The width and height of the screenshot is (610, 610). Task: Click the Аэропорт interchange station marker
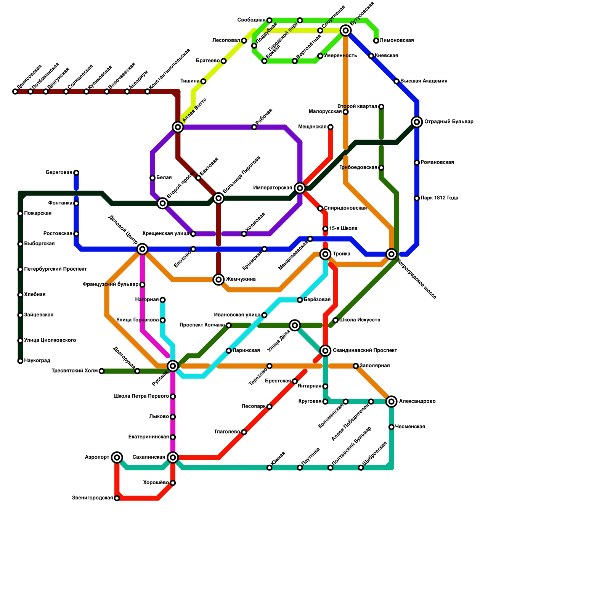click(x=117, y=457)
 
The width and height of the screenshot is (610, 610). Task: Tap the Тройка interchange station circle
click(x=325, y=254)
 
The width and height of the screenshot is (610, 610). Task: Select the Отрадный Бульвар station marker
click(x=417, y=122)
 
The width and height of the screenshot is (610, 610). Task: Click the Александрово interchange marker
click(x=391, y=401)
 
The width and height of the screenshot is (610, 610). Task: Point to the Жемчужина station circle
click(x=218, y=279)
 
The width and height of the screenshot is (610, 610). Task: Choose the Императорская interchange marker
click(x=300, y=188)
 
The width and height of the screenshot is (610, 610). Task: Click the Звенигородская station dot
click(x=117, y=498)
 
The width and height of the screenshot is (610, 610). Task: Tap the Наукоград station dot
click(x=20, y=361)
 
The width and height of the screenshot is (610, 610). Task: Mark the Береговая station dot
click(x=76, y=173)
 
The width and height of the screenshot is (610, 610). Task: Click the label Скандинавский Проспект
click(x=365, y=350)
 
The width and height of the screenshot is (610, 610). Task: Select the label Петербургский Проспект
click(x=55, y=269)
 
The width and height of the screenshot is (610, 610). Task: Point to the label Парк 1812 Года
click(x=439, y=198)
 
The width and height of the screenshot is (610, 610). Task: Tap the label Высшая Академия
click(x=424, y=81)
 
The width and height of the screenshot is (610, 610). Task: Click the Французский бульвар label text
click(x=110, y=284)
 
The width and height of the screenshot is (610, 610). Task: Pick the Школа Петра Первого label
click(x=141, y=396)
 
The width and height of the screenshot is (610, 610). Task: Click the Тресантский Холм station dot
click(x=101, y=371)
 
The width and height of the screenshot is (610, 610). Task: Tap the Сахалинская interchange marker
click(x=173, y=457)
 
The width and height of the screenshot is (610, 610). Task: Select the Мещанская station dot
click(x=330, y=127)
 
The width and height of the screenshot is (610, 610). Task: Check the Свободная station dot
click(x=269, y=20)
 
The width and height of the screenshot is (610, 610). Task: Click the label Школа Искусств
click(x=360, y=320)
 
